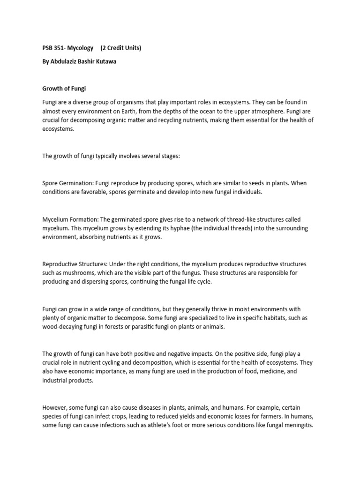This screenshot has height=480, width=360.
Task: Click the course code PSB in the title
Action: [x=48, y=48]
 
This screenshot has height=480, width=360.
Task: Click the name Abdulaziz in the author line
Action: [x=66, y=61]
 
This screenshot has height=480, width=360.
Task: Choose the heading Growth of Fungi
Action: [x=64, y=88]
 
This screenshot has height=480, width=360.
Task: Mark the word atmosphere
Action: [x=275, y=112]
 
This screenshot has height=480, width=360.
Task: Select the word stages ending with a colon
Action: [x=169, y=156]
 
